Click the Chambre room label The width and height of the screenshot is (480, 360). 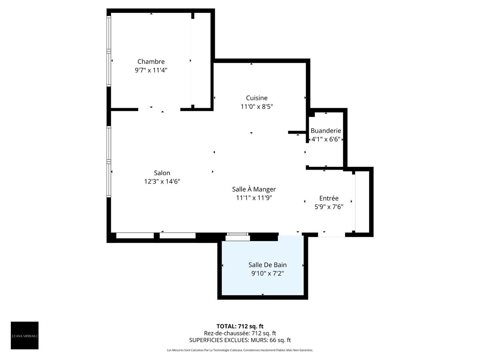(151, 62)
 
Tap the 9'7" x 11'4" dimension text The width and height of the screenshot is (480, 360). (151, 70)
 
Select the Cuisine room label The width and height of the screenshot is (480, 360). (256, 98)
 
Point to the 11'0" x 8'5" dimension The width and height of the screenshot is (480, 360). (256, 106)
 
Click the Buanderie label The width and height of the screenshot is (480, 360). (326, 131)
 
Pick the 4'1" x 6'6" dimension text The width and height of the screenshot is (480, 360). (326, 139)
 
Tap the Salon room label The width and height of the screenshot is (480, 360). (162, 173)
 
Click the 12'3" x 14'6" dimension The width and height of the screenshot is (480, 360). (162, 181)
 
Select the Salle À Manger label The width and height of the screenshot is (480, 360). (254, 189)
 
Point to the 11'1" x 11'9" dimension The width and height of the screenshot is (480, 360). (254, 198)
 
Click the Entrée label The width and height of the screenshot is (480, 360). (329, 198)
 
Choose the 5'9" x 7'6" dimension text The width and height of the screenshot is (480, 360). (329, 207)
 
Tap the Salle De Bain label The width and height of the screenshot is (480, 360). (267, 265)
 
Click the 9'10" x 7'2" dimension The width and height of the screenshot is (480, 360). (267, 273)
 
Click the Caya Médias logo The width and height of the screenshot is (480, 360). (25, 335)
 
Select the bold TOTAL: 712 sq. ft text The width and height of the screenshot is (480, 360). (240, 326)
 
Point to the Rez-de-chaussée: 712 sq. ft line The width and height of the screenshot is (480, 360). (240, 333)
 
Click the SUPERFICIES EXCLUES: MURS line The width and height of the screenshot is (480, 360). (240, 340)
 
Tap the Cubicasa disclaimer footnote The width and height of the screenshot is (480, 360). (240, 350)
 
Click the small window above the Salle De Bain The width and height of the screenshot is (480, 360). (237, 237)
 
